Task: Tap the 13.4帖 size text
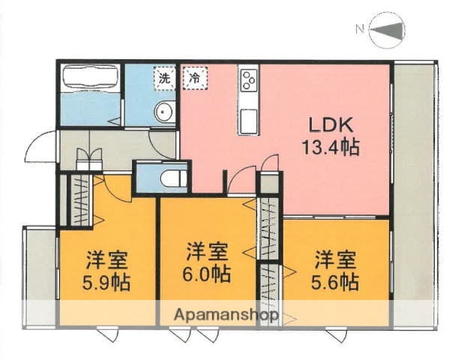click(x=331, y=146)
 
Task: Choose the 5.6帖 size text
click(x=335, y=282)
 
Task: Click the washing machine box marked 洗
click(x=163, y=76)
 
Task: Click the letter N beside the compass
click(x=360, y=30)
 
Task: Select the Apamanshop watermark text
click(x=226, y=315)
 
